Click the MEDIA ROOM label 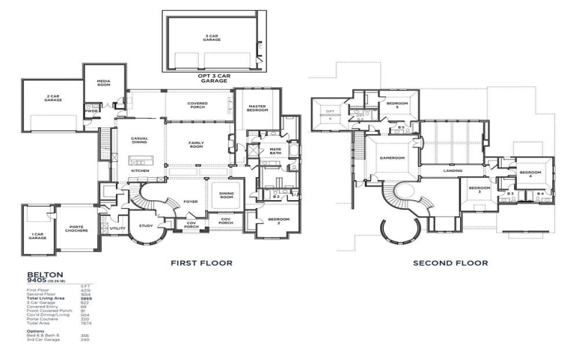tap(103, 84)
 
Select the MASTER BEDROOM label tap(258, 109)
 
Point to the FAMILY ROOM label tap(197, 145)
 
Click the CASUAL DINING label tap(140, 141)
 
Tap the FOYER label tap(190, 202)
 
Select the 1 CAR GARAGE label tap(37, 235)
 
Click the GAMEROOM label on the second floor tap(393, 158)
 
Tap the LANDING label tap(453, 171)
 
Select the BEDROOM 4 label tap(531, 174)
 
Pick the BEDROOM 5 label tap(397, 105)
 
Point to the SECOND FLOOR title tap(450, 263)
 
